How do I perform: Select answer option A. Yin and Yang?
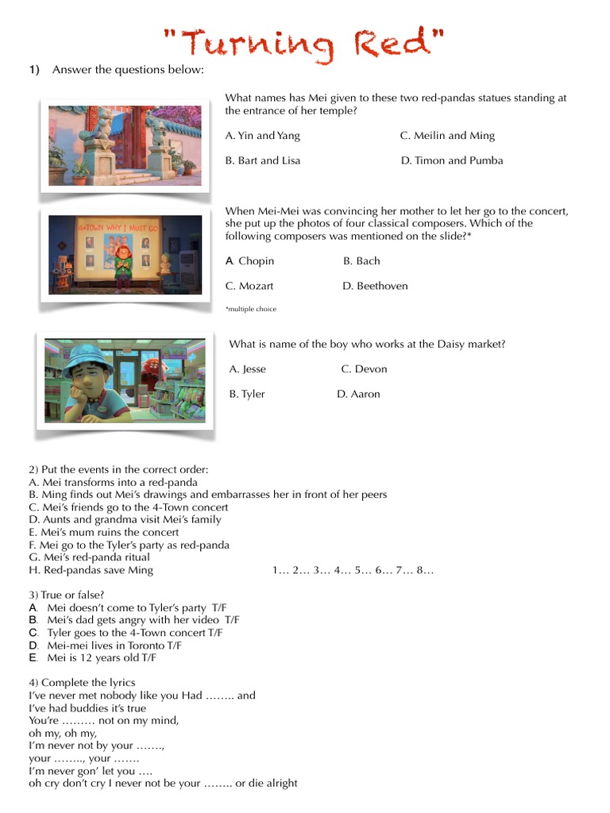[262, 136]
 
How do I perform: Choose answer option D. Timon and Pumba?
[451, 160]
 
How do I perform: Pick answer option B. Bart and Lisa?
[262, 160]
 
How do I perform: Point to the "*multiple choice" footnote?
[250, 309]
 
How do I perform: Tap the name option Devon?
[364, 369]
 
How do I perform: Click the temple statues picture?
[125, 146]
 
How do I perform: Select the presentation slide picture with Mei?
[125, 254]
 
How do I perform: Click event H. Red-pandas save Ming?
[91, 570]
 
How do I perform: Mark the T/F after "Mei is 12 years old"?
[148, 657]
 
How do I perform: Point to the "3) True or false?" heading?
[67, 595]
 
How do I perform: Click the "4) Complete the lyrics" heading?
[82, 683]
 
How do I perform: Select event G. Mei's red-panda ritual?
[88, 557]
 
